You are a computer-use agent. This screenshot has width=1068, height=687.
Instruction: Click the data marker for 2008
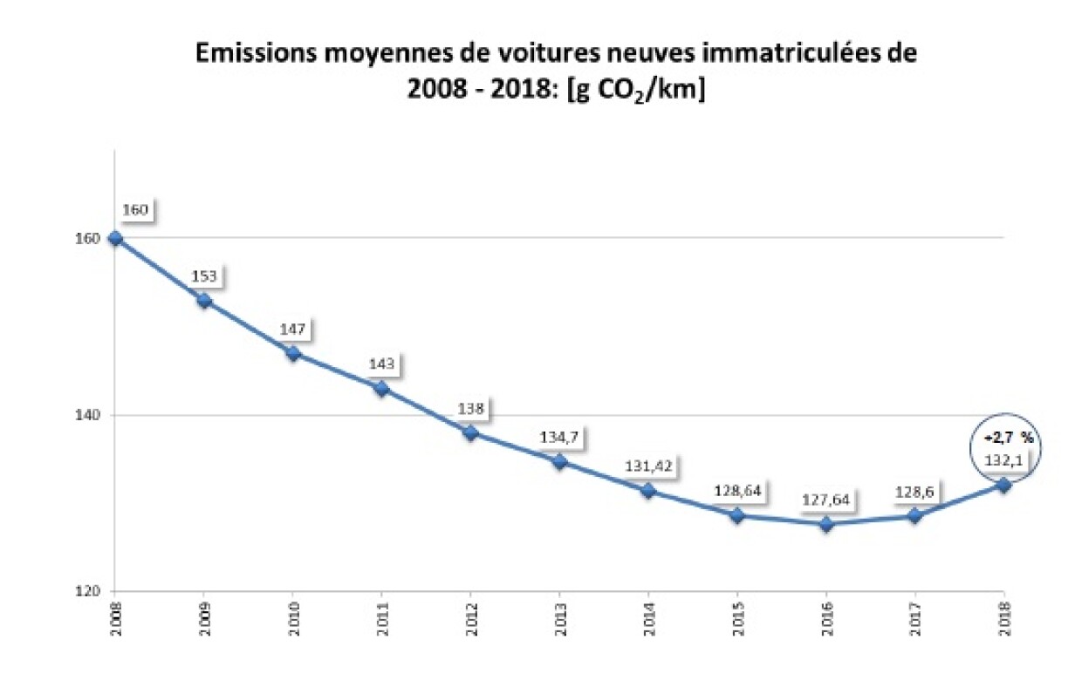(x=115, y=238)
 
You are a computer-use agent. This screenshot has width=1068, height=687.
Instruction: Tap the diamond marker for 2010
(x=293, y=353)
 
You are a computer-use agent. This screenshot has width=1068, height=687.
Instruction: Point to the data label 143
(x=381, y=364)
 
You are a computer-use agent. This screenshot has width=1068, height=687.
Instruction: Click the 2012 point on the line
(x=470, y=432)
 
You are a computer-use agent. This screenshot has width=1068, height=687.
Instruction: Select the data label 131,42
(x=647, y=466)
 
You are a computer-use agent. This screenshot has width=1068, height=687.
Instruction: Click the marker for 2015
(x=737, y=515)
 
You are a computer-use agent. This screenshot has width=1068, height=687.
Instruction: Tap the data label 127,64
(x=825, y=500)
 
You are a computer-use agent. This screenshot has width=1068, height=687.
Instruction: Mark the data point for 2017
(x=914, y=515)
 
